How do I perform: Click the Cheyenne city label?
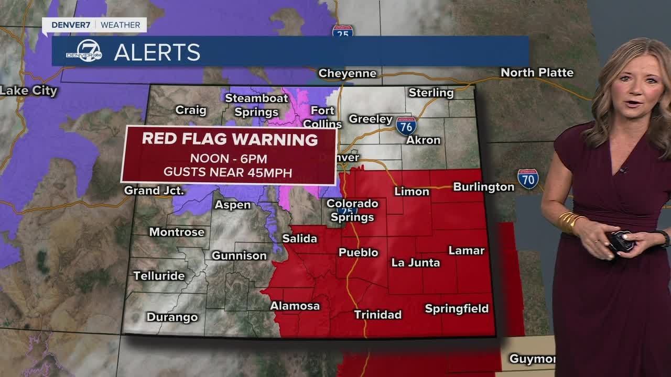[x=347, y=73]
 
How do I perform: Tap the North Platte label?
[x=537, y=72]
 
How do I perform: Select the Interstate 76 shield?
[x=406, y=126]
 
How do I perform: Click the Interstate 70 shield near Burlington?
[x=528, y=179]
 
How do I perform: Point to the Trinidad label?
[x=377, y=314]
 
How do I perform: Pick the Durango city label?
[x=172, y=317]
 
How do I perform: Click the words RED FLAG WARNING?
[x=230, y=139]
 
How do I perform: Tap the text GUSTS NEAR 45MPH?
[x=228, y=172]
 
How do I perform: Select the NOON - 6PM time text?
[x=228, y=158]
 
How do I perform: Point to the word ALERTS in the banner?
[x=157, y=52]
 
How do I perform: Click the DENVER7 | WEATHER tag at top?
[x=94, y=25]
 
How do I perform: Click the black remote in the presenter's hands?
[x=621, y=242]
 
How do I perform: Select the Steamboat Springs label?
[x=256, y=105]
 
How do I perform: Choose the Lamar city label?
[x=466, y=250]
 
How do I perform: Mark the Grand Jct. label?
[x=154, y=190]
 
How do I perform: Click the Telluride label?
[x=159, y=275]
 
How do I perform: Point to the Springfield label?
[x=457, y=308]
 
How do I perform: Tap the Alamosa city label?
[x=295, y=306]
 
